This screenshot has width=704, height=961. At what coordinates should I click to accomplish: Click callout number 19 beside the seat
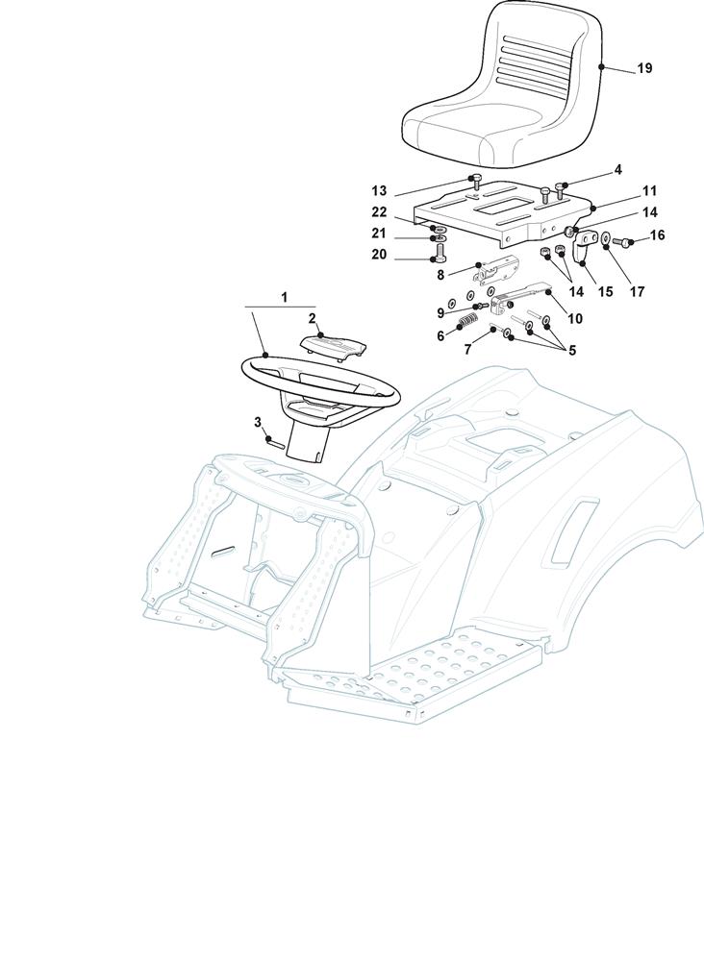coord(644,68)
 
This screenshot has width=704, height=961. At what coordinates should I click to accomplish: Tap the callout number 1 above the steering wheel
coord(284,297)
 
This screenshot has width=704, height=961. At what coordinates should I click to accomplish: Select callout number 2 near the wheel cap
coord(313,318)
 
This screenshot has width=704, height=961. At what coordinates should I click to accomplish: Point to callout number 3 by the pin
coord(258,422)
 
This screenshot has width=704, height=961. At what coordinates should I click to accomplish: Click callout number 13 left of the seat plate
coord(380,189)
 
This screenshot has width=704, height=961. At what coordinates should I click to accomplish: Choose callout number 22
coord(380,212)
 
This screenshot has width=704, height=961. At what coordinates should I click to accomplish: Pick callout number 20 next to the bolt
coord(380,254)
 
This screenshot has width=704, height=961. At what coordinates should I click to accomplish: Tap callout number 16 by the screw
coord(657,235)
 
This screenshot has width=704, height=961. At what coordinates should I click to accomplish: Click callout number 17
coord(637,292)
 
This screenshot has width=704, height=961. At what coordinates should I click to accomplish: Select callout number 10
coord(575,319)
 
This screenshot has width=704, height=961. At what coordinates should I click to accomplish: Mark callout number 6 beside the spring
coord(440,336)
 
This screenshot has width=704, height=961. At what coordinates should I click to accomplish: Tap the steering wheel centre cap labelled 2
coord(335,346)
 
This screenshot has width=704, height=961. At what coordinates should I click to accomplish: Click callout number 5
coord(572,351)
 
